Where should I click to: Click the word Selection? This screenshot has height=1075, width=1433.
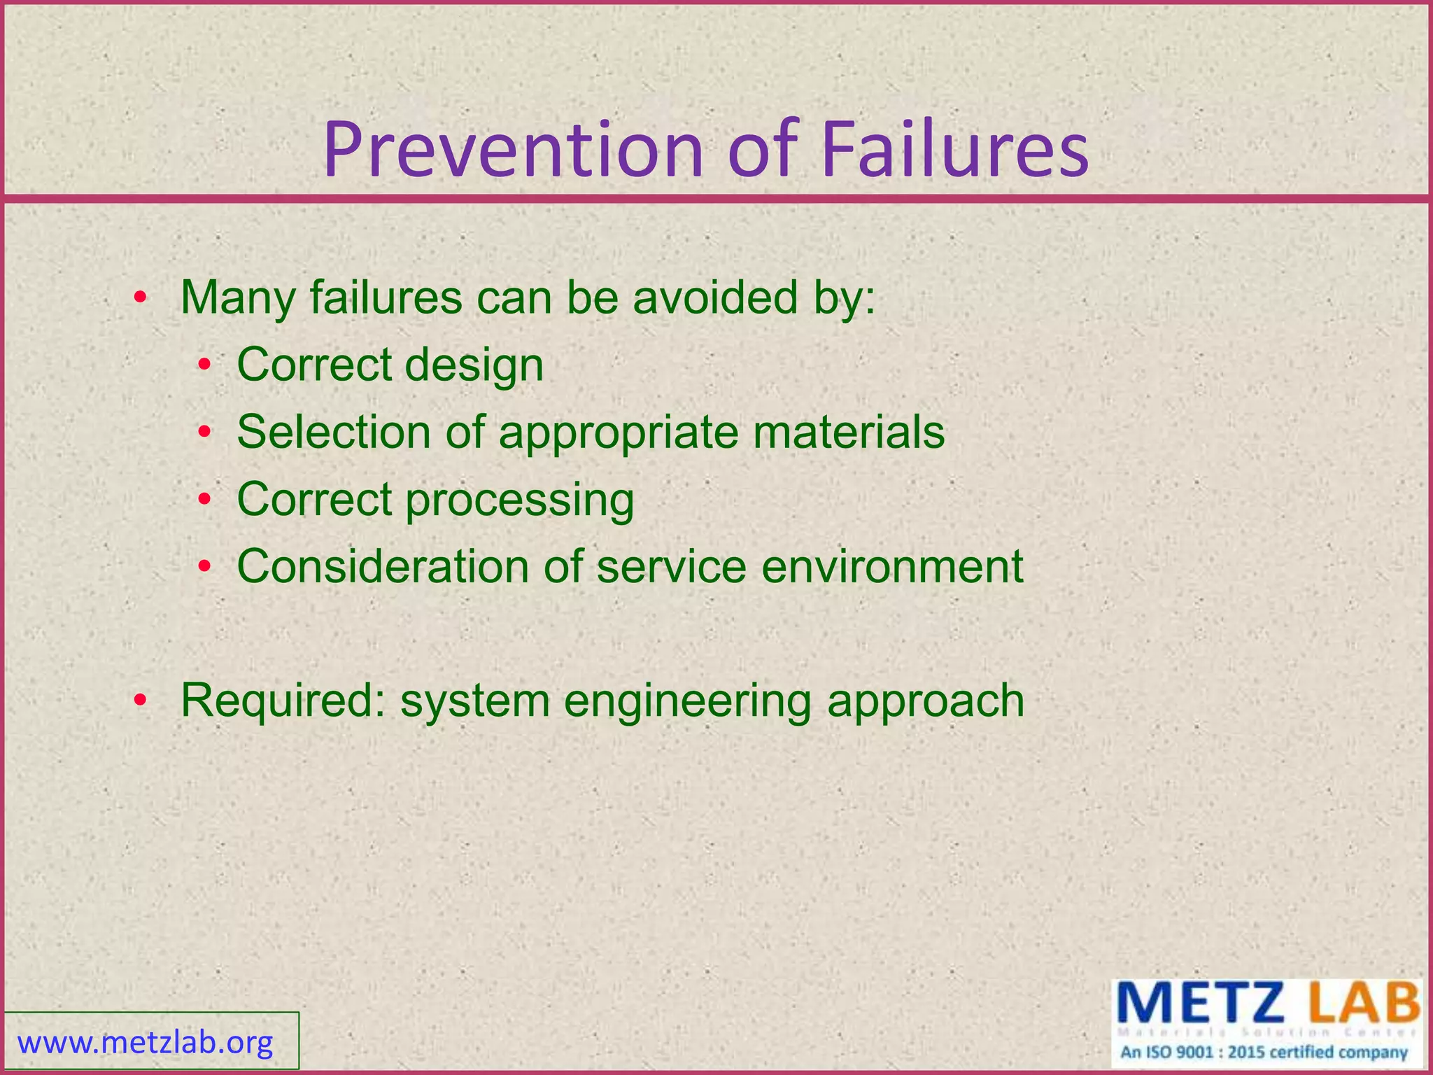tap(334, 432)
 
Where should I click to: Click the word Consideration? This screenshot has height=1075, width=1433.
tap(383, 566)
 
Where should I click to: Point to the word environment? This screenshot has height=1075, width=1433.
tap(892, 566)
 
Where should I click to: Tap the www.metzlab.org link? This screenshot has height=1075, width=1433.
tap(146, 1043)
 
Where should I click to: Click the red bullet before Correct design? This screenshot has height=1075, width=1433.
tap(204, 365)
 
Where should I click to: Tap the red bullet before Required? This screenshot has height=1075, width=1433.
tap(141, 700)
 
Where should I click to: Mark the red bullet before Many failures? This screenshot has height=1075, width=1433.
tap(141, 298)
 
